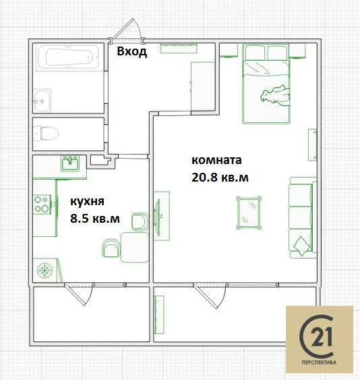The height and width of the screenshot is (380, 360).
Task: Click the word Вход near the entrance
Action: pyautogui.click(x=131, y=52)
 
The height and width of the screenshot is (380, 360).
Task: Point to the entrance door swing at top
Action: pyautogui.click(x=128, y=30)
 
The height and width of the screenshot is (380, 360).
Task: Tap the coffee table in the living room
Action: pyautogui.click(x=250, y=213)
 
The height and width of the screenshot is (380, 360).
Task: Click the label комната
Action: pyautogui.click(x=216, y=161)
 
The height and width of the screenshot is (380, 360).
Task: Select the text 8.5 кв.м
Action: pyautogui.click(x=95, y=218)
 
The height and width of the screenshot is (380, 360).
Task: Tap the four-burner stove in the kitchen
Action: pyautogui.click(x=42, y=204)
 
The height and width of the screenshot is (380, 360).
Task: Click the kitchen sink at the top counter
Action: pyautogui.click(x=70, y=163)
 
